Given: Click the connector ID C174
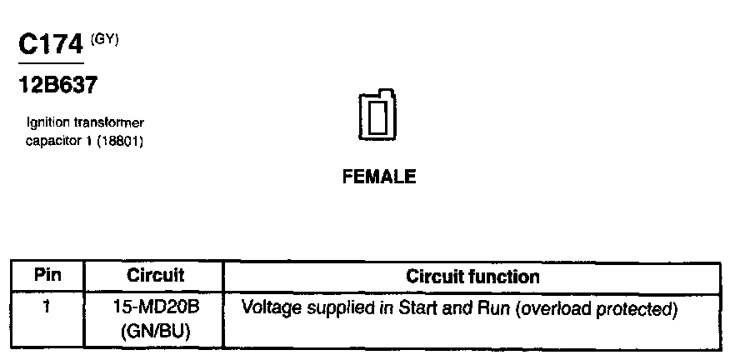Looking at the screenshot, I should pos(50,46).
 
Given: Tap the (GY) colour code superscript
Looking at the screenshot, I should pos(106,38).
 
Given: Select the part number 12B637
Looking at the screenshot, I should pos(57,85).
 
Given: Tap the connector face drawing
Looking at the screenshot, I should pos(377,115).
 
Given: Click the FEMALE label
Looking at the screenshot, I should pos(378,177).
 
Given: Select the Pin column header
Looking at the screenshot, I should pos(47,276).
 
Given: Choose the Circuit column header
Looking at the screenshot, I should pos(155,275).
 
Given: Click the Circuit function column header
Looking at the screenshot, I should pos(472,276).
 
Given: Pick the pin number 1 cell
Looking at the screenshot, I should pos(47,307).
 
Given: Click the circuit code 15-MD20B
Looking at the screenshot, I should pos(156,307).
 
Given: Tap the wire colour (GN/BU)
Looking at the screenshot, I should pos(156,331).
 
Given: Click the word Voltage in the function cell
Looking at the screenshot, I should pos(268,307).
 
